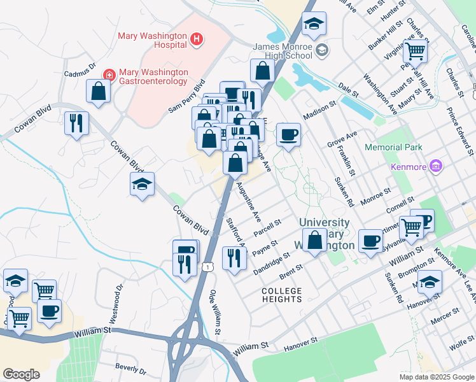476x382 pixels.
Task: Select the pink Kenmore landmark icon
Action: [x=436, y=166]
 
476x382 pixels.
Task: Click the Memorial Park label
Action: [x=394, y=148]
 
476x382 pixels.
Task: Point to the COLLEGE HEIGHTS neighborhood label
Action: [x=282, y=295]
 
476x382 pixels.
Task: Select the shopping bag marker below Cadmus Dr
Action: [x=99, y=91]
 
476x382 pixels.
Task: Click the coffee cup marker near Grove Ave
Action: [x=288, y=135]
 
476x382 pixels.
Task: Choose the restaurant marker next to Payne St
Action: [x=235, y=258]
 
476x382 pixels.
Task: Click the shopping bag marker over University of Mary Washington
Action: [x=314, y=241]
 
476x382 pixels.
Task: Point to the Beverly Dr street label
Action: [x=131, y=369]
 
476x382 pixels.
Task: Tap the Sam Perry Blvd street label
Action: [x=187, y=96]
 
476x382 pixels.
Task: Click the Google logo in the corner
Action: [x=21, y=374]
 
